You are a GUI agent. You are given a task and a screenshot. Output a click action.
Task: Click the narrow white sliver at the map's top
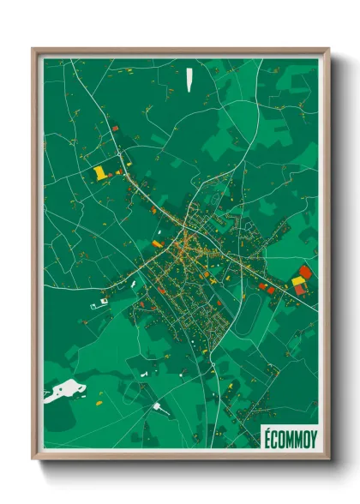[189, 78]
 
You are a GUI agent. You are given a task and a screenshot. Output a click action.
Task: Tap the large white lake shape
[63, 392]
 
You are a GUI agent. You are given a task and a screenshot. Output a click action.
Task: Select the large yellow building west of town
[101, 172]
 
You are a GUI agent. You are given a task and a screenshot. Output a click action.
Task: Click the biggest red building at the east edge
[305, 272]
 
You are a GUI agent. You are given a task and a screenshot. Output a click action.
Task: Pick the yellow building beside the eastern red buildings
[297, 280]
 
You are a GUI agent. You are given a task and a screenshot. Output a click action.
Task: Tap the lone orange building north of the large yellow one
[115, 129]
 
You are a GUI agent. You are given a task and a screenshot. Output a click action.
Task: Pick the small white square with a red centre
[104, 301]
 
